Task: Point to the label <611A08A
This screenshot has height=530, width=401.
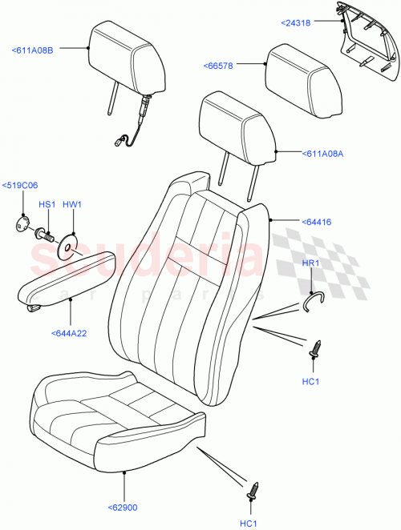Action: (322, 155)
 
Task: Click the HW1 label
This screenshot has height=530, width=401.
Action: (73, 205)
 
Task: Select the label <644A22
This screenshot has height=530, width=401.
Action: (71, 333)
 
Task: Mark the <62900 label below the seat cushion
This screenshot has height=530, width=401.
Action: (124, 506)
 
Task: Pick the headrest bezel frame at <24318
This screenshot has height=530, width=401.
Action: (365, 44)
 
